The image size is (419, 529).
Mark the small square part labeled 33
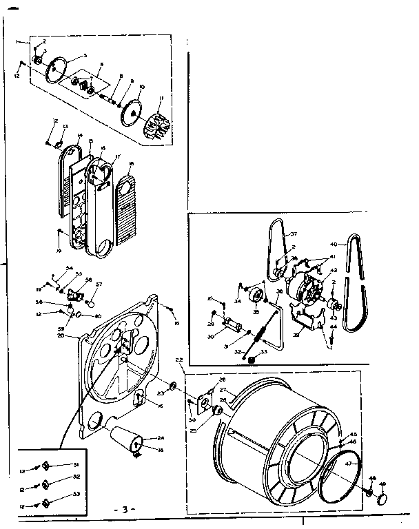click(x=252, y=358)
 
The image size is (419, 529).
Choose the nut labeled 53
click(x=46, y=502)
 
